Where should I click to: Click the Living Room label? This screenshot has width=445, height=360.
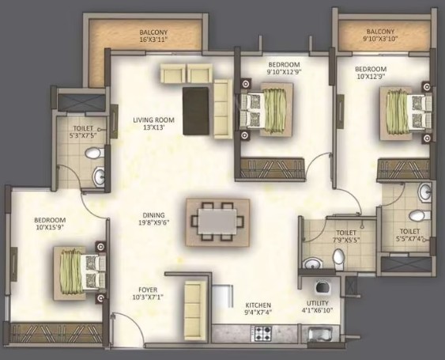[153, 120]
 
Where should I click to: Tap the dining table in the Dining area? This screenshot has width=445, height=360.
[217, 222]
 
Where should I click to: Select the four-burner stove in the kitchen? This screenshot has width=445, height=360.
[262, 334]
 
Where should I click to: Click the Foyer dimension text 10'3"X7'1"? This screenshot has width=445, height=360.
[148, 297]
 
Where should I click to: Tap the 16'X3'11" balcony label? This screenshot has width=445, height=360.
[153, 40]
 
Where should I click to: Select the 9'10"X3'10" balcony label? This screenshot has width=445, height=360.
[380, 39]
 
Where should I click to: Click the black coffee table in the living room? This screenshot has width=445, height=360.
[196, 111]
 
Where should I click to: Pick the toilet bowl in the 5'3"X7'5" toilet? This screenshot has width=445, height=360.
[93, 153]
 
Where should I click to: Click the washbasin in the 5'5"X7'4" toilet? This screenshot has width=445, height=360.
[425, 192]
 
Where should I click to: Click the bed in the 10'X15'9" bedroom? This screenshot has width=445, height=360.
[80, 273]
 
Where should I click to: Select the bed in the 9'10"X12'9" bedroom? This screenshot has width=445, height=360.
[266, 109]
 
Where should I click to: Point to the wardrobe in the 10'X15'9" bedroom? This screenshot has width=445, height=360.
[56, 332]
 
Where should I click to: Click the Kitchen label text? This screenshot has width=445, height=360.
[258, 305]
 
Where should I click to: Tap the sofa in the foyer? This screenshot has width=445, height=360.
[195, 310]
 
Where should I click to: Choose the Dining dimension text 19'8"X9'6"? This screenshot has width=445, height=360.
[154, 222]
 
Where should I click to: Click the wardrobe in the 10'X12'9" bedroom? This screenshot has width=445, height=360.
[404, 170]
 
